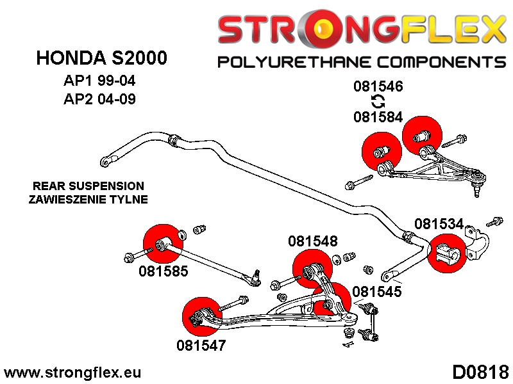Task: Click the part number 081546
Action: tap(378, 86)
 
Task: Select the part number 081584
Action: tap(378, 117)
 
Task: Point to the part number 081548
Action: tap(312, 241)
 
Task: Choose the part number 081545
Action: tap(376, 291)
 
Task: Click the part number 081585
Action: tap(163, 271)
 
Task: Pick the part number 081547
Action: tap(201, 346)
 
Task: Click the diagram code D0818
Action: tap(480, 372)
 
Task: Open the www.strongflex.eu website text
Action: tap(72, 372)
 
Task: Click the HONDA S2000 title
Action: tap(102, 58)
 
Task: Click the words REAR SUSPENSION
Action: tap(88, 186)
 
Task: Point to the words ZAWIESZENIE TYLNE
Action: tap(88, 199)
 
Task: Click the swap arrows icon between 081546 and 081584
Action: tap(378, 101)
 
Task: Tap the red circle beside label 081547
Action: tap(200, 315)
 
